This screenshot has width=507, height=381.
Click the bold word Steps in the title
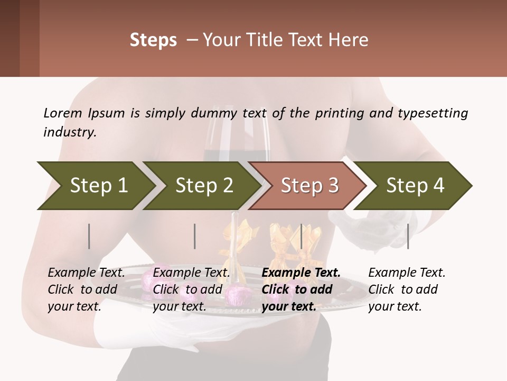click(x=153, y=40)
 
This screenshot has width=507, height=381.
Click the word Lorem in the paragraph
click(x=62, y=113)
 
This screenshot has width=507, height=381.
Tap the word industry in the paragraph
click(x=69, y=132)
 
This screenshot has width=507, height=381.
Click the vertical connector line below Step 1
click(x=89, y=236)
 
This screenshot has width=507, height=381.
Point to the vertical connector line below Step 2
click(x=195, y=236)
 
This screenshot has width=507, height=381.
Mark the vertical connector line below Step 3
click(x=301, y=236)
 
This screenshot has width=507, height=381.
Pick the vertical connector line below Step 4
click(x=408, y=236)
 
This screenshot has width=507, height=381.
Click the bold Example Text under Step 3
click(x=301, y=273)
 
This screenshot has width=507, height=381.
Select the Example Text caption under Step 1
click(x=86, y=273)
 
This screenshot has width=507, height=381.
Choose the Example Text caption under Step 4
click(x=407, y=273)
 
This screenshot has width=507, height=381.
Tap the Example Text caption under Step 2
click(x=191, y=273)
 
